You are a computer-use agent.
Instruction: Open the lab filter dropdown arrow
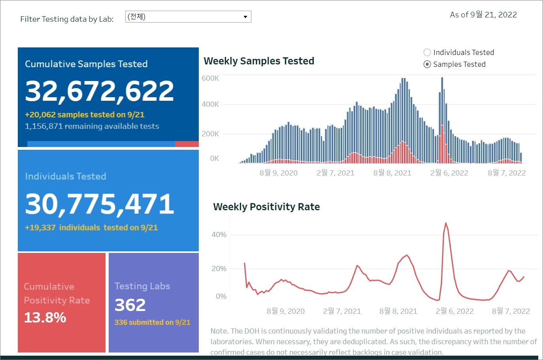pos(245,17)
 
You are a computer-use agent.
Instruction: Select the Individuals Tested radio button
pos(427,52)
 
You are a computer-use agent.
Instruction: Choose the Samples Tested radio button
pos(427,64)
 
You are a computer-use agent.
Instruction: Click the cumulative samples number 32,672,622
pos(100,90)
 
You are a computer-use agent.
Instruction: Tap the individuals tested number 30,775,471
pos(100,204)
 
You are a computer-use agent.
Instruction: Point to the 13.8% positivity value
pos(45,317)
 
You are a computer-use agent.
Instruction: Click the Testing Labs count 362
pos(130,305)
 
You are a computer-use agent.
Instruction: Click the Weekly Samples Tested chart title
pos(259,61)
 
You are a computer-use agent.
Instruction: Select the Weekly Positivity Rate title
pos(266,207)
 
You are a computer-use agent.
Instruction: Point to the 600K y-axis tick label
pos(210,78)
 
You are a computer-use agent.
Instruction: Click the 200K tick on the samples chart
pos(210,134)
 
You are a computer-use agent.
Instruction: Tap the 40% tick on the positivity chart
pos(219,235)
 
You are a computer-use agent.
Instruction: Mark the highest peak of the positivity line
pos(446,223)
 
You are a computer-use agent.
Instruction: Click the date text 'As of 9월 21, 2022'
pos(483,15)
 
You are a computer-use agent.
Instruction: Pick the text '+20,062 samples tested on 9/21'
pos(85,115)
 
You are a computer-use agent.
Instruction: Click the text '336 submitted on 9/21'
pos(153,322)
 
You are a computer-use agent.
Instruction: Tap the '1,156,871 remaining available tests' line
pos(92,126)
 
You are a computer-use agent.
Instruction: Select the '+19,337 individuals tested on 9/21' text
pos(91,228)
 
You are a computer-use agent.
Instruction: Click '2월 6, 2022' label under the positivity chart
pos(454,311)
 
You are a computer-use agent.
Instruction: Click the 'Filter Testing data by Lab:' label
pos(67,19)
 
